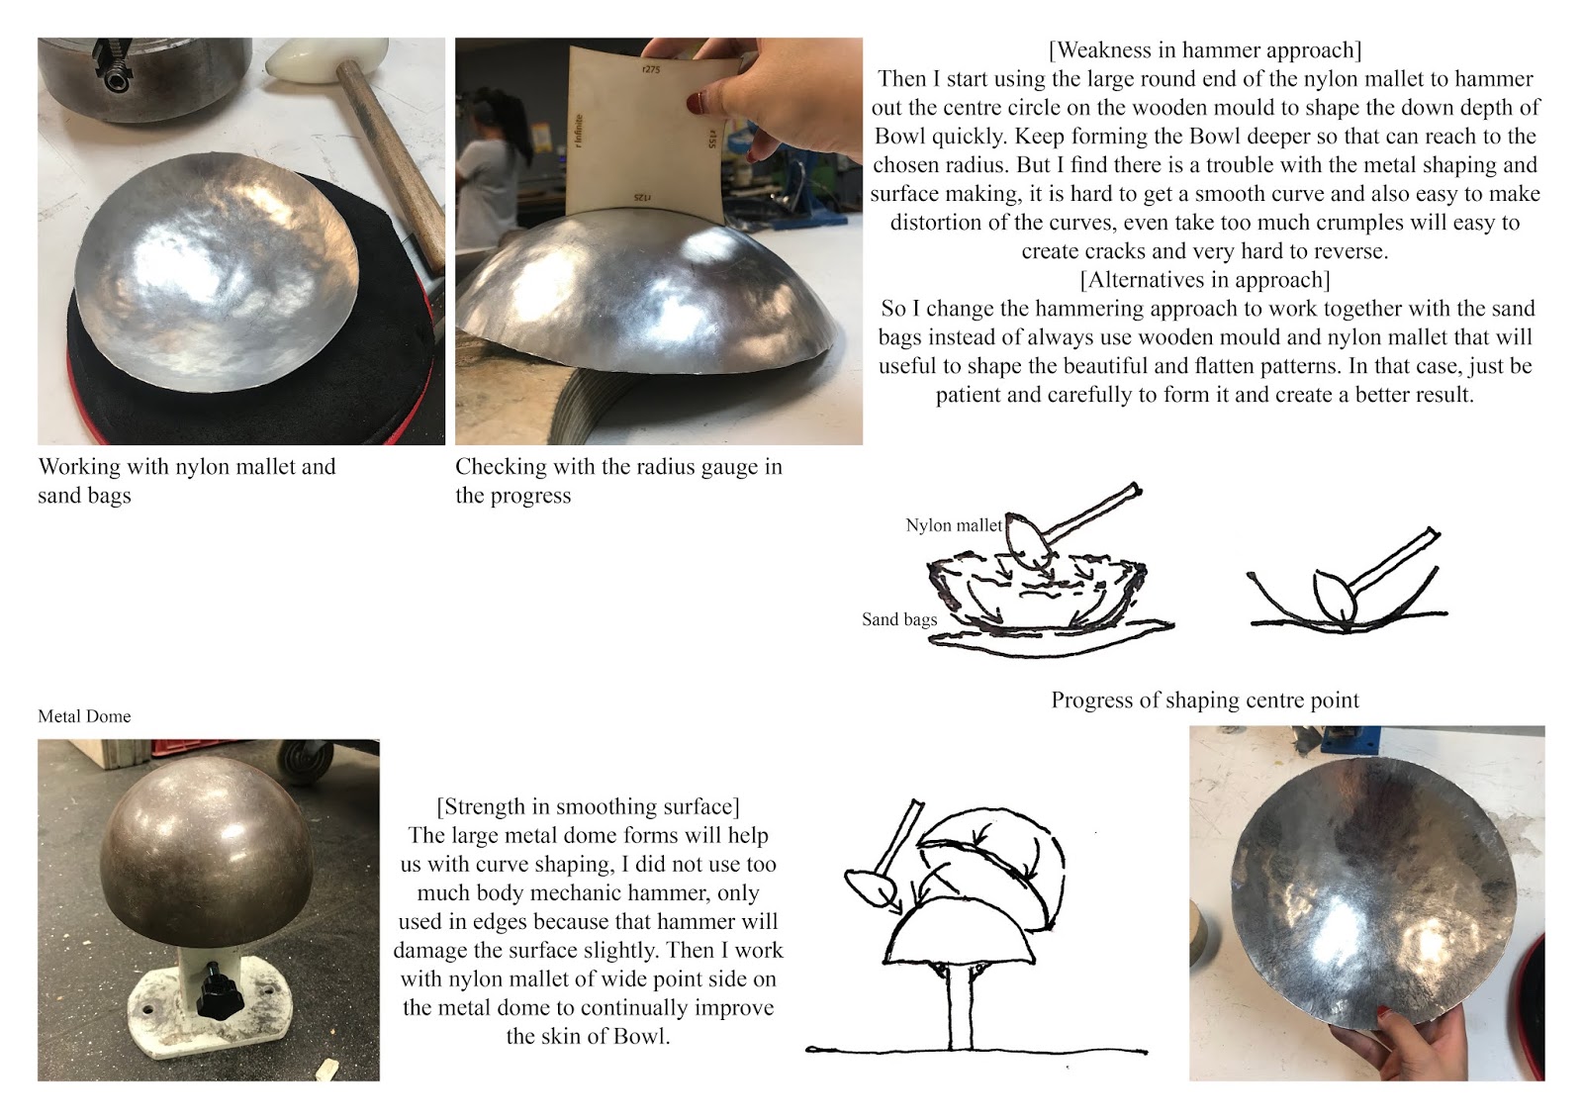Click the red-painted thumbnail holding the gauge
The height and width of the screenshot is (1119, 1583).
697,103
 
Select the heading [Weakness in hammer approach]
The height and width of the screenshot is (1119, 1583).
1205,50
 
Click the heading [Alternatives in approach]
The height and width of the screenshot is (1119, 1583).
1205,280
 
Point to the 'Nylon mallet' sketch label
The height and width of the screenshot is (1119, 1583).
954,525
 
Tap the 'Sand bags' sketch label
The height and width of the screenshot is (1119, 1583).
899,619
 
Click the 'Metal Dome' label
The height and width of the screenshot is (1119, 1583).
84,716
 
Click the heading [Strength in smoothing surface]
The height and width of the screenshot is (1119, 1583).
588,806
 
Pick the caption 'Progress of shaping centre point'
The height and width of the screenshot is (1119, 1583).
1205,699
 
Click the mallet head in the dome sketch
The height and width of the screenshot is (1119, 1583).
871,887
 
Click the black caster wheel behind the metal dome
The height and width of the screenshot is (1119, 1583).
306,760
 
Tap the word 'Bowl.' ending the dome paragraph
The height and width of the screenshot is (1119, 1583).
642,1036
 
